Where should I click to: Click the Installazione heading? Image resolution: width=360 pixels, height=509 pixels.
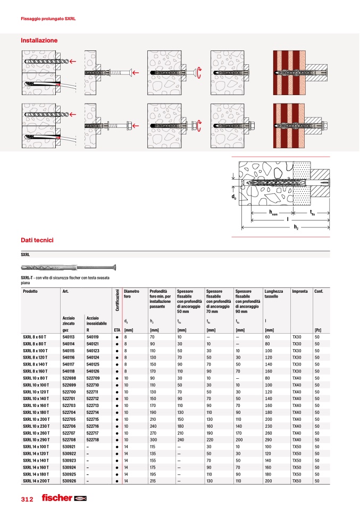click(39, 40)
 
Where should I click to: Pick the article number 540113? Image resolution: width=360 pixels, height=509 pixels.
click(68, 336)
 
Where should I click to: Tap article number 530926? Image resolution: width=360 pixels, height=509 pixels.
click(68, 481)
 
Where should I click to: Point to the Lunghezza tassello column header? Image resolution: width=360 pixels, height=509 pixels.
click(274, 294)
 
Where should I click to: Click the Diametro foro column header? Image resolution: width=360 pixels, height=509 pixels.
click(131, 294)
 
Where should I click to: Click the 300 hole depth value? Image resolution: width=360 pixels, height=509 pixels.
click(153, 439)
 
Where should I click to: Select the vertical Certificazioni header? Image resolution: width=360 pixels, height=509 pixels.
click(118, 301)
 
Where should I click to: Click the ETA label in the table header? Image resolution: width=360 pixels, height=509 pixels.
click(116, 330)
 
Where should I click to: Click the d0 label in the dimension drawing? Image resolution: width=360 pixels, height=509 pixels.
click(233, 197)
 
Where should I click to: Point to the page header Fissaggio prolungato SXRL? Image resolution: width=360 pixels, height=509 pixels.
click(48, 19)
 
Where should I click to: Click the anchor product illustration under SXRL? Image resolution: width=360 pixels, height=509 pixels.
click(69, 267)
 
